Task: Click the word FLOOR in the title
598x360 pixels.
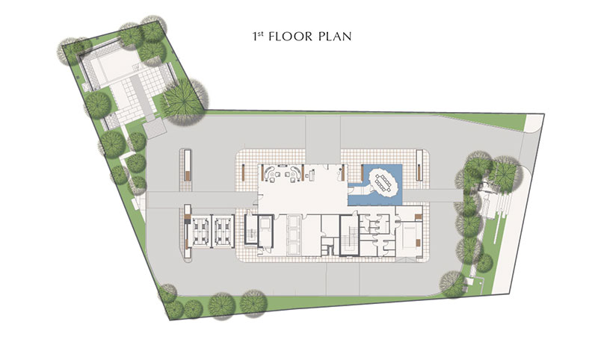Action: (290, 37)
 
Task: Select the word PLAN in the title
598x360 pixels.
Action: (335, 37)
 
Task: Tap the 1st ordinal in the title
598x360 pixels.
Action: (258, 36)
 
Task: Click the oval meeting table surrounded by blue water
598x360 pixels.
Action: (385, 181)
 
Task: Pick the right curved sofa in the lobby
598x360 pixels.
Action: (296, 172)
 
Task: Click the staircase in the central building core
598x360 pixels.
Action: (349, 235)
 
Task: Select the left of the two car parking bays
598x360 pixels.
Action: (201, 232)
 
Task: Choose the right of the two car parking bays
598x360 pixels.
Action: (223, 232)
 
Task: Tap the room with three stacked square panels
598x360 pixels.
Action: (294, 235)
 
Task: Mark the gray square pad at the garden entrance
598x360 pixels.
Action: (155, 129)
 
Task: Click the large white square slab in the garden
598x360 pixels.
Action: (114, 66)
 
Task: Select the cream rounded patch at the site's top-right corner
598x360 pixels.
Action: (533, 122)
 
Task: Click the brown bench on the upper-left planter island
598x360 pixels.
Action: (188, 176)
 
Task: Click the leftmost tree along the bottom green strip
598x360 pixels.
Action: (167, 294)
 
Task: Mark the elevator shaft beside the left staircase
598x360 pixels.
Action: (265, 232)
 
